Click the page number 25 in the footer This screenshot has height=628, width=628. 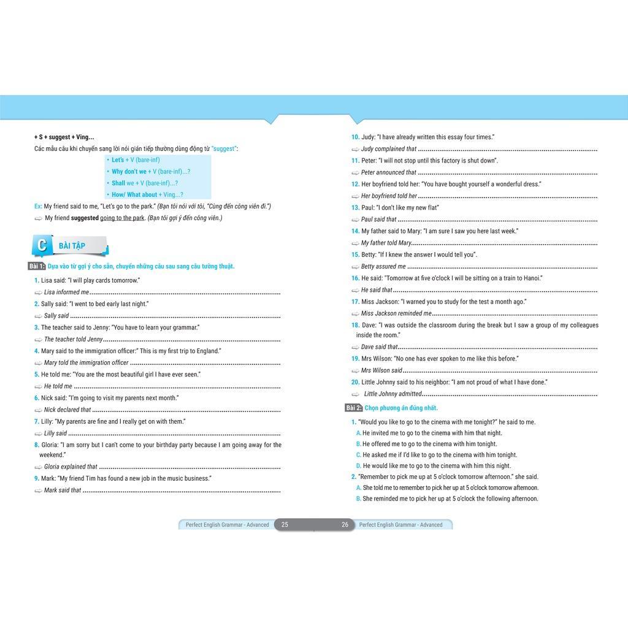[x=285, y=525]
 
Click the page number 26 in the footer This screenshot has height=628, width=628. [x=345, y=525]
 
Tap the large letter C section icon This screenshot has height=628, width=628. [x=42, y=246]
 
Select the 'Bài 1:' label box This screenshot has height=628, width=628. [x=37, y=266]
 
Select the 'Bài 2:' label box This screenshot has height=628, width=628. [x=354, y=408]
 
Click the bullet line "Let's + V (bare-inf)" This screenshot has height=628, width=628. [x=136, y=160]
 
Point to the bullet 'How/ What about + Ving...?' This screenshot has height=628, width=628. [x=147, y=195]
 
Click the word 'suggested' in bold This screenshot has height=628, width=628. [x=85, y=218]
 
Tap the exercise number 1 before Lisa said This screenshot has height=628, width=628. [x=36, y=280]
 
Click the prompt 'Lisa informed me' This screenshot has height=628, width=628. [x=66, y=293]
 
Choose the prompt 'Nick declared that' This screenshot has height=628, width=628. [x=67, y=410]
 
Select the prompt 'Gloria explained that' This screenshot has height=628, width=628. [x=71, y=467]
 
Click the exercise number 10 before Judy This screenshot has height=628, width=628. [x=355, y=137]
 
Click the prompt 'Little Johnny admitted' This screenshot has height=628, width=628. [x=392, y=394]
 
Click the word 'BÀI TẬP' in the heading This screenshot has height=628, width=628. [x=72, y=246]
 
